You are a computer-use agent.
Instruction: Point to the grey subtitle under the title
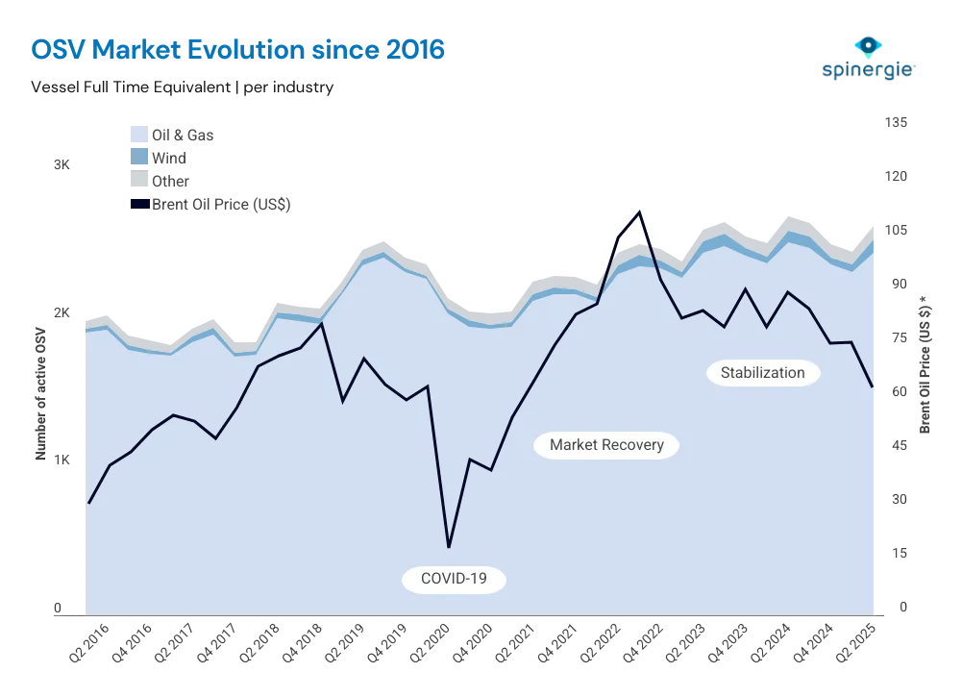[x=183, y=86]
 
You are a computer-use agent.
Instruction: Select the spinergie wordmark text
[x=867, y=71]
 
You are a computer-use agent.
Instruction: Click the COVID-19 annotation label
[x=455, y=579]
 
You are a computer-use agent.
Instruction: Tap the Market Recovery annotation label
[x=606, y=445]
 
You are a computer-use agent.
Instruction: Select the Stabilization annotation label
[x=763, y=372]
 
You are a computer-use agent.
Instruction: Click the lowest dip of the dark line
[x=449, y=546]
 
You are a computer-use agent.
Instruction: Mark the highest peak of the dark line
[x=639, y=211]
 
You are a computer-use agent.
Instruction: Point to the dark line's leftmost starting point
[x=88, y=503]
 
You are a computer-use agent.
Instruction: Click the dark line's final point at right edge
[x=874, y=387]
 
